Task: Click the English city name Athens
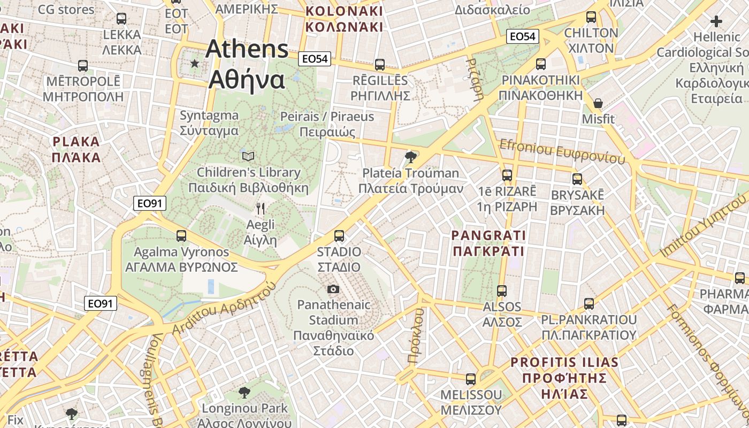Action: (x=247, y=49)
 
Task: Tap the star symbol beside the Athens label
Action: (x=195, y=64)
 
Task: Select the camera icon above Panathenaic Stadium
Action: (x=333, y=289)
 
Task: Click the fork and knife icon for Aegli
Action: (x=261, y=208)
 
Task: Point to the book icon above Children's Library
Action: (x=248, y=156)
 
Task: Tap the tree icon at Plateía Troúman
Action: (x=411, y=157)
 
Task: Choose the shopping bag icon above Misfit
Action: (x=598, y=103)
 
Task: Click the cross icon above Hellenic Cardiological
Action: (x=716, y=21)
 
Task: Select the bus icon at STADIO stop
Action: (x=339, y=235)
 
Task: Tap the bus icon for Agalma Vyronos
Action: (x=181, y=235)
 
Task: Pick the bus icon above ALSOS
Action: (x=501, y=291)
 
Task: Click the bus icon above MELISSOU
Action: (x=470, y=379)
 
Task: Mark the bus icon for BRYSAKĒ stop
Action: (x=577, y=179)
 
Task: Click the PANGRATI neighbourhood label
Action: (x=488, y=235)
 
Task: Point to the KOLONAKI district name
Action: (x=344, y=11)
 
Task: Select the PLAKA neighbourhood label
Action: (x=77, y=142)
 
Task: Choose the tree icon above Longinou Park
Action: (x=244, y=392)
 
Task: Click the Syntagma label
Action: (x=209, y=116)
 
